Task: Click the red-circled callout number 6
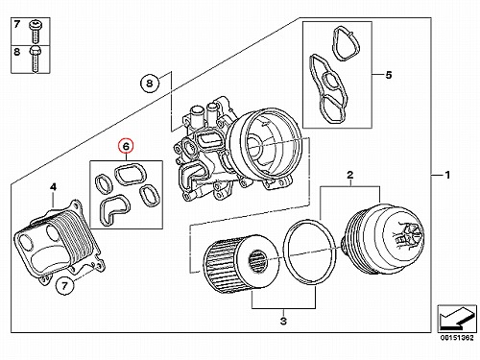point(126,147)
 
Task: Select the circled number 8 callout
point(150,84)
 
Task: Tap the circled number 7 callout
point(65,285)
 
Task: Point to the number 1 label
point(447,175)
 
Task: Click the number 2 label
point(350,175)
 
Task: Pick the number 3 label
point(283,321)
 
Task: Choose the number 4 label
point(54,186)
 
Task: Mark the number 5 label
point(388,75)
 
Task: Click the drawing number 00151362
point(457,337)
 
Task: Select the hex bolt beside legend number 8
point(35,60)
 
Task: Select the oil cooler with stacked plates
point(60,242)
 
